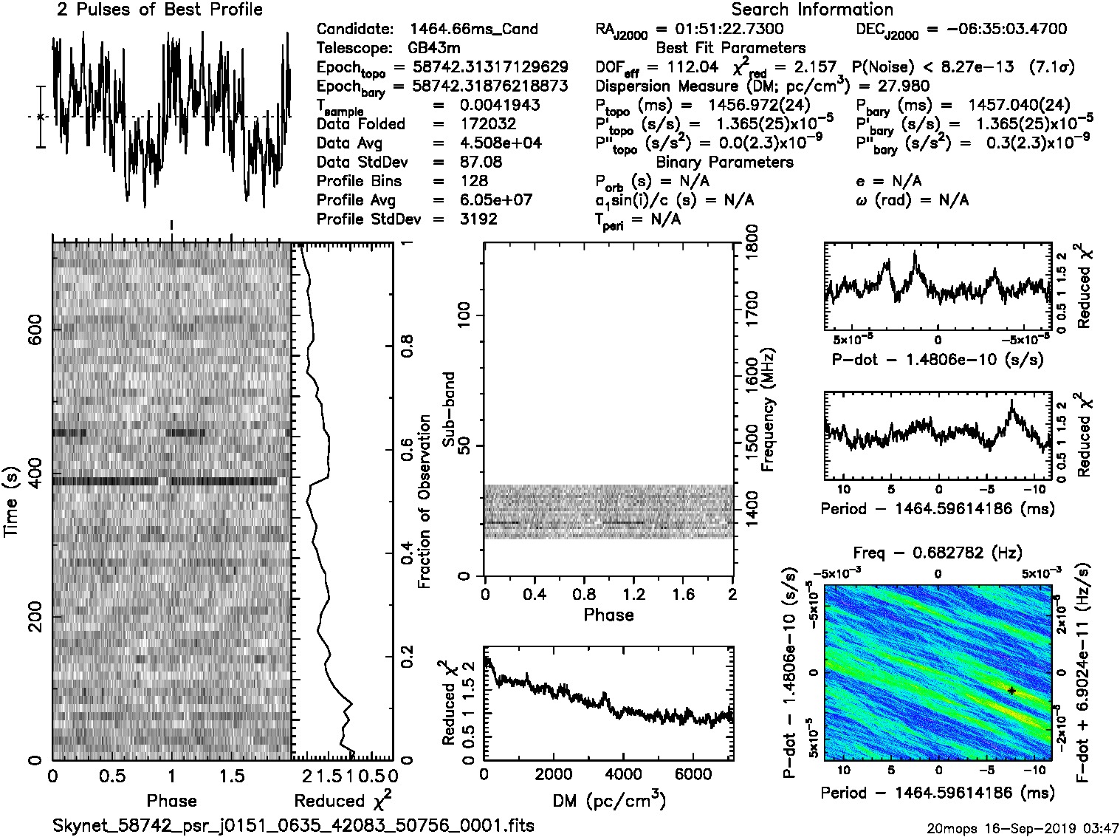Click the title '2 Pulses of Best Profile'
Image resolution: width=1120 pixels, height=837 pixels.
(159, 10)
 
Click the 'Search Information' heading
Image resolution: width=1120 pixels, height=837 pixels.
(811, 10)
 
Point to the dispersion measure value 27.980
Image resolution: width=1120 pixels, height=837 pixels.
(903, 86)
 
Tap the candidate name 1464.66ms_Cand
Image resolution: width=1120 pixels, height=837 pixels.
(473, 30)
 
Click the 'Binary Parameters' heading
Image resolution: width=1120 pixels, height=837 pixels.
(724, 162)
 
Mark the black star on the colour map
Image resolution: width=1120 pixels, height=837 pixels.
(1011, 690)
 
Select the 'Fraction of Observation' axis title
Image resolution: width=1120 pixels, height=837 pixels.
(424, 502)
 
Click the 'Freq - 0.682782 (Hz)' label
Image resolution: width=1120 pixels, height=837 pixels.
(938, 553)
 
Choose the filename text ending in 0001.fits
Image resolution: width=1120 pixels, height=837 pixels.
(293, 825)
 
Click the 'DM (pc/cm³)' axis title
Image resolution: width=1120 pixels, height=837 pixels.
(608, 800)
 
